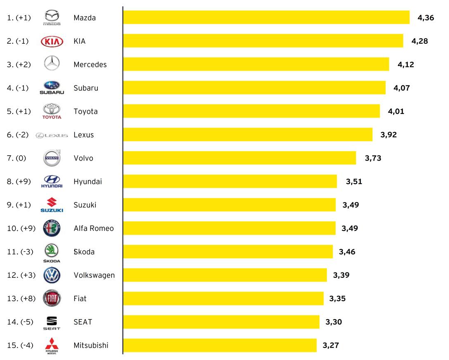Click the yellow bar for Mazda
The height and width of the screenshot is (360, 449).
tap(266, 17)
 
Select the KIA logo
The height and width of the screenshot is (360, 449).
tap(52, 41)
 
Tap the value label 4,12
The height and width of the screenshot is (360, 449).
tap(405, 64)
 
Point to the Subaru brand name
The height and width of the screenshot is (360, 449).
tap(86, 88)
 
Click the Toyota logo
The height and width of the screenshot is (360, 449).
tap(52, 111)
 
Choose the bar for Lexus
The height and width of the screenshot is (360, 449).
tap(248, 135)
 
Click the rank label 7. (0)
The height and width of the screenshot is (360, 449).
tap(17, 158)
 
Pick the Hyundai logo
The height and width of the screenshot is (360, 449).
tap(52, 181)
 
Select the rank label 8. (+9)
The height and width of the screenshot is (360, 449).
tap(19, 181)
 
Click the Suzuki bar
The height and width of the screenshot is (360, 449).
tap(229, 205)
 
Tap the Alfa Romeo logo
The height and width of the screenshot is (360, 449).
tap(52, 228)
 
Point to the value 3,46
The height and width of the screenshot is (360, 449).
tap(347, 251)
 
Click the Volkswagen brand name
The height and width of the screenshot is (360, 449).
tap(94, 275)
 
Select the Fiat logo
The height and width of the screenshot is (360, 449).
tap(52, 298)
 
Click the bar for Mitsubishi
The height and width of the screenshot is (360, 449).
tap(220, 345)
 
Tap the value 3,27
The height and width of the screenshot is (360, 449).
tap(331, 345)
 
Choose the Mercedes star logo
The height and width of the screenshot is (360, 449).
tap(52, 64)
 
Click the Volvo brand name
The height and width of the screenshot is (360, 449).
tap(83, 158)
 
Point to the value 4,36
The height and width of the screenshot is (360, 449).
tap(425, 18)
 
